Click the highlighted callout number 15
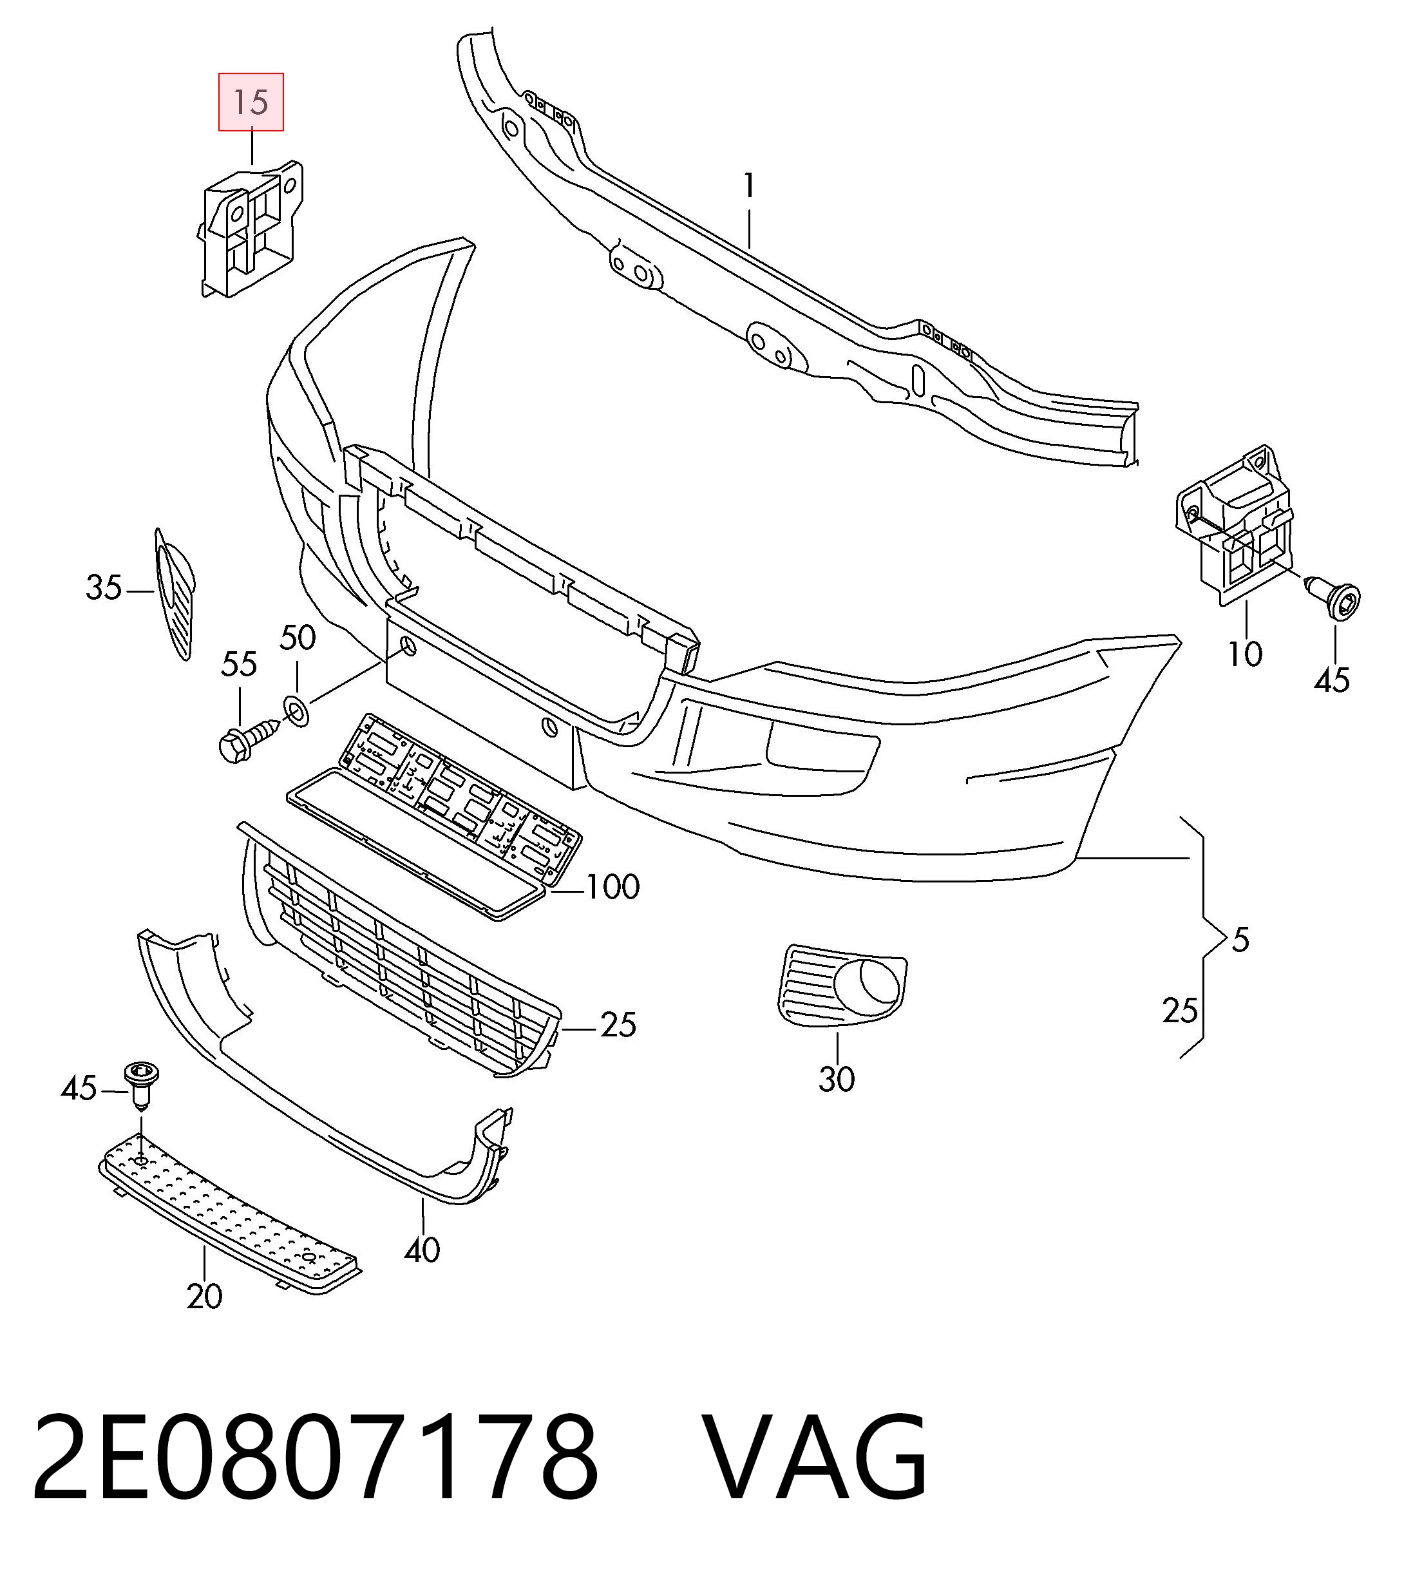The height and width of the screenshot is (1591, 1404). tap(251, 102)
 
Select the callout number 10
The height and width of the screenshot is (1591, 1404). tap(1244, 654)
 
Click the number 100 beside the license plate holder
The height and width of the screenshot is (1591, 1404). tap(612, 888)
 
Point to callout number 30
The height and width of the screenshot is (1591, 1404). tap(837, 1079)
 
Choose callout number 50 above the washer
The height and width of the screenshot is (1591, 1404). tap(298, 638)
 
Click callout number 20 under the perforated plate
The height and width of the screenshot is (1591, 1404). tap(204, 1297)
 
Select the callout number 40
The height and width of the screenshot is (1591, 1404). tap(422, 1250)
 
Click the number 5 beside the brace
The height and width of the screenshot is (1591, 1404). tap(1240, 941)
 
